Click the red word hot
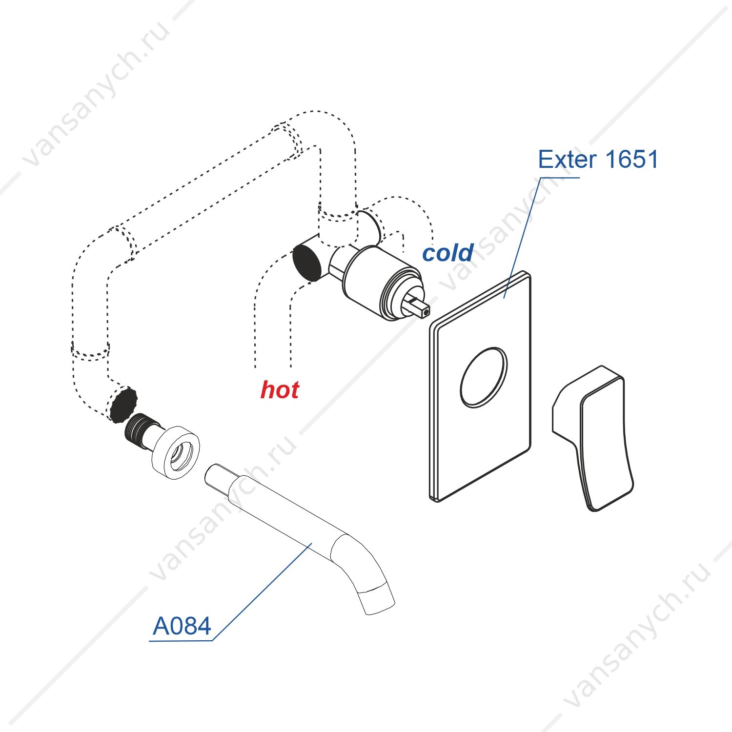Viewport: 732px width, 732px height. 280,389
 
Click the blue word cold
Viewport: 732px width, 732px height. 447,253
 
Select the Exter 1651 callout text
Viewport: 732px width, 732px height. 598,160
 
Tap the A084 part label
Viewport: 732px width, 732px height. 182,626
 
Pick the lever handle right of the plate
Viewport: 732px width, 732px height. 593,438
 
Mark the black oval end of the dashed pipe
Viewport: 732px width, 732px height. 123,405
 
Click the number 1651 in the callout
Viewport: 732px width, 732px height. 631,160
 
